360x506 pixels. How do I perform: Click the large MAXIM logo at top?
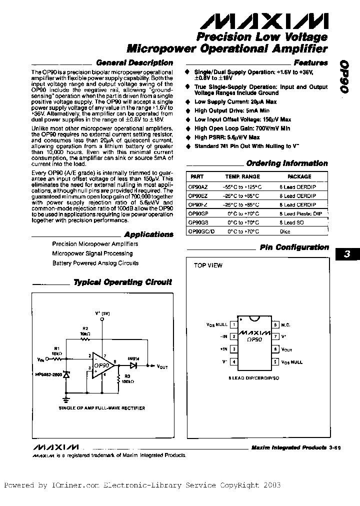point(264,22)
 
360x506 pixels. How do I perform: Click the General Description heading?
point(134,63)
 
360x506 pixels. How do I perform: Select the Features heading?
point(310,63)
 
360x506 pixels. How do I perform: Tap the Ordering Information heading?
point(287,163)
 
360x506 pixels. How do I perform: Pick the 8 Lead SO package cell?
point(291,222)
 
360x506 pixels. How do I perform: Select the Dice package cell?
point(285,232)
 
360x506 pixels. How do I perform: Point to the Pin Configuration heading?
point(294,247)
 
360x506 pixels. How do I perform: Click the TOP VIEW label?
point(208,265)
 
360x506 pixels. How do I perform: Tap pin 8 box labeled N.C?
point(275,325)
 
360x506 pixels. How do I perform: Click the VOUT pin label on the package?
point(286,350)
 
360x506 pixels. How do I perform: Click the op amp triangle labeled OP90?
point(102,365)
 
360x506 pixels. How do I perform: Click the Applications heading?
point(148,234)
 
